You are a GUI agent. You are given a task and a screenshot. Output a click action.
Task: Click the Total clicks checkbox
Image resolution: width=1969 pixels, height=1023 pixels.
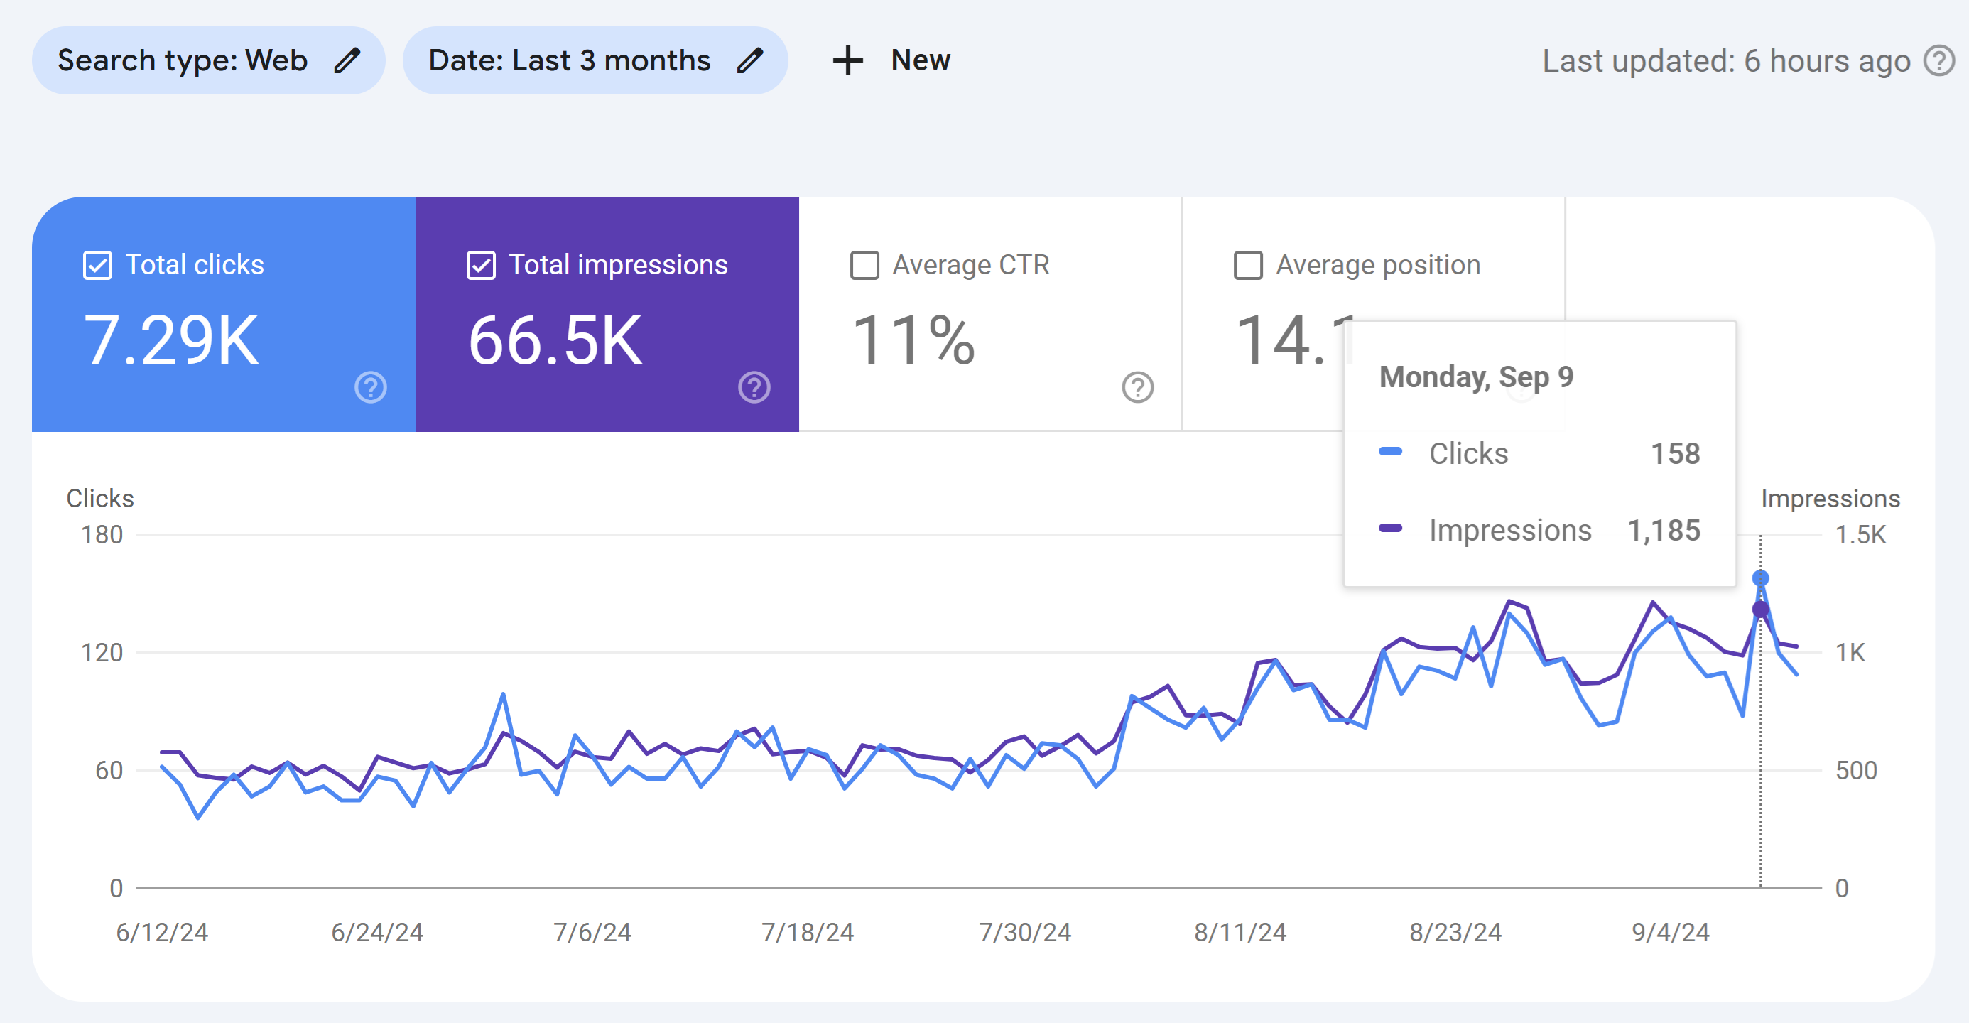point(97,265)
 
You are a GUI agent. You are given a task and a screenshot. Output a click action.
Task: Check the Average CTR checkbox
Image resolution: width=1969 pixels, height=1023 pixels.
point(864,265)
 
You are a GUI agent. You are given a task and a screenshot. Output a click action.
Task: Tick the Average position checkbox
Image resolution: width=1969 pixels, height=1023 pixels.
point(1247,265)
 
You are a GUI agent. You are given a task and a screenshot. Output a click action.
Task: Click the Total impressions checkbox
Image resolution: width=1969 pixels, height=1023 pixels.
point(481,265)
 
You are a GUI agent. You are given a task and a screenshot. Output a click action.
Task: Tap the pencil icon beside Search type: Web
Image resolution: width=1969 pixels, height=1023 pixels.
point(347,60)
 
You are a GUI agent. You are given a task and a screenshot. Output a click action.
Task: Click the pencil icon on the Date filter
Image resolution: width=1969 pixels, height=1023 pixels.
point(750,60)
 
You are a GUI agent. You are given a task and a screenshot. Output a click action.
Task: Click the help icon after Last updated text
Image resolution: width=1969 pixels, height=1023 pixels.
point(1938,60)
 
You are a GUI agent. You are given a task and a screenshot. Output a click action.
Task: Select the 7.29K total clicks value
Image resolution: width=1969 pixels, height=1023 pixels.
point(171,340)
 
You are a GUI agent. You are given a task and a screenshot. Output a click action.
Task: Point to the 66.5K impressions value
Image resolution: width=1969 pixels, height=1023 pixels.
point(555,340)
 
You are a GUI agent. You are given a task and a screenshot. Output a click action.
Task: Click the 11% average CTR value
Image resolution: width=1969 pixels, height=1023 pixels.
point(913,340)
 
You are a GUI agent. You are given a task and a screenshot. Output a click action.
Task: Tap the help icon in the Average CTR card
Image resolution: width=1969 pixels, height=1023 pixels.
point(1137,387)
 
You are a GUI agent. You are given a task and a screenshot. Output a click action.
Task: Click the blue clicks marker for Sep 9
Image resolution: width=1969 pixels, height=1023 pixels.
point(1760,578)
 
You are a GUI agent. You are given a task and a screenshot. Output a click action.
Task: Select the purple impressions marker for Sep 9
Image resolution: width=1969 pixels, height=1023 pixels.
point(1760,610)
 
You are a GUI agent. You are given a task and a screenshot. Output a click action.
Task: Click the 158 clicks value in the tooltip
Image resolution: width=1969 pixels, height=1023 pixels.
point(1676,453)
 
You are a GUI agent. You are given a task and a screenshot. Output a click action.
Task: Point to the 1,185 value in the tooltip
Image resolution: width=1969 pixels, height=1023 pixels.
point(1664,530)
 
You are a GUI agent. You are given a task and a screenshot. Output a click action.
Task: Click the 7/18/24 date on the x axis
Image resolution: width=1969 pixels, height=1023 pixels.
point(807,932)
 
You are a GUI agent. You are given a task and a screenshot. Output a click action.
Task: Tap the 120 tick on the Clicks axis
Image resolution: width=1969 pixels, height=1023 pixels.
point(102,652)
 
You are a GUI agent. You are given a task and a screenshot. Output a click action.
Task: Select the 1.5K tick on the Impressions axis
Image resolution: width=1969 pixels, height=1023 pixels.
point(1860,534)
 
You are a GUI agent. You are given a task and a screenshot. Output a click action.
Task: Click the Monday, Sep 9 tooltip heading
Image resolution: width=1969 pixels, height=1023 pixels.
point(1476,377)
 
